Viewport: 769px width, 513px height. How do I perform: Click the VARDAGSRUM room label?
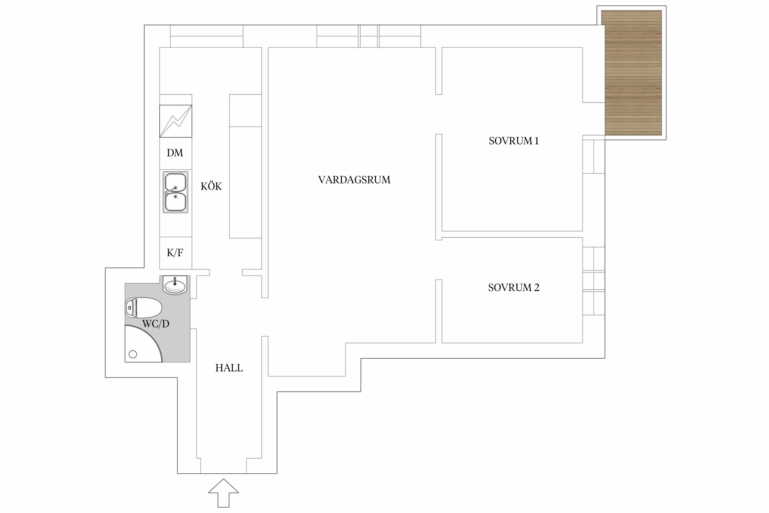354,180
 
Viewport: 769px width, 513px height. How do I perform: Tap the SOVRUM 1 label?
514,141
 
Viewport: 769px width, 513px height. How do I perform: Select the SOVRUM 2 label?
514,288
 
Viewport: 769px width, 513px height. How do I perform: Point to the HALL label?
229,368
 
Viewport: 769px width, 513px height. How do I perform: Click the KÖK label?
211,186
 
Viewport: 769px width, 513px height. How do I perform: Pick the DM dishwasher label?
175,153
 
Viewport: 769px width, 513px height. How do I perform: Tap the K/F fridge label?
175,253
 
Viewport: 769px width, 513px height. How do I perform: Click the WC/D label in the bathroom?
156,324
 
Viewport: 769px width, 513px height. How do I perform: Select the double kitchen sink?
175,192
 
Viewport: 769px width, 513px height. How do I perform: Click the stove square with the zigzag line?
176,121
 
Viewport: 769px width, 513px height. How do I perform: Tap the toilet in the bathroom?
144,307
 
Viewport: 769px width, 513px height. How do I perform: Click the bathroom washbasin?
175,285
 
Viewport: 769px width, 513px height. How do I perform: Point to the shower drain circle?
133,354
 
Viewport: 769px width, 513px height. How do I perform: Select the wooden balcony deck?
633,73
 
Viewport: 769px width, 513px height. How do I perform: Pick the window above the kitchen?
206,36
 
